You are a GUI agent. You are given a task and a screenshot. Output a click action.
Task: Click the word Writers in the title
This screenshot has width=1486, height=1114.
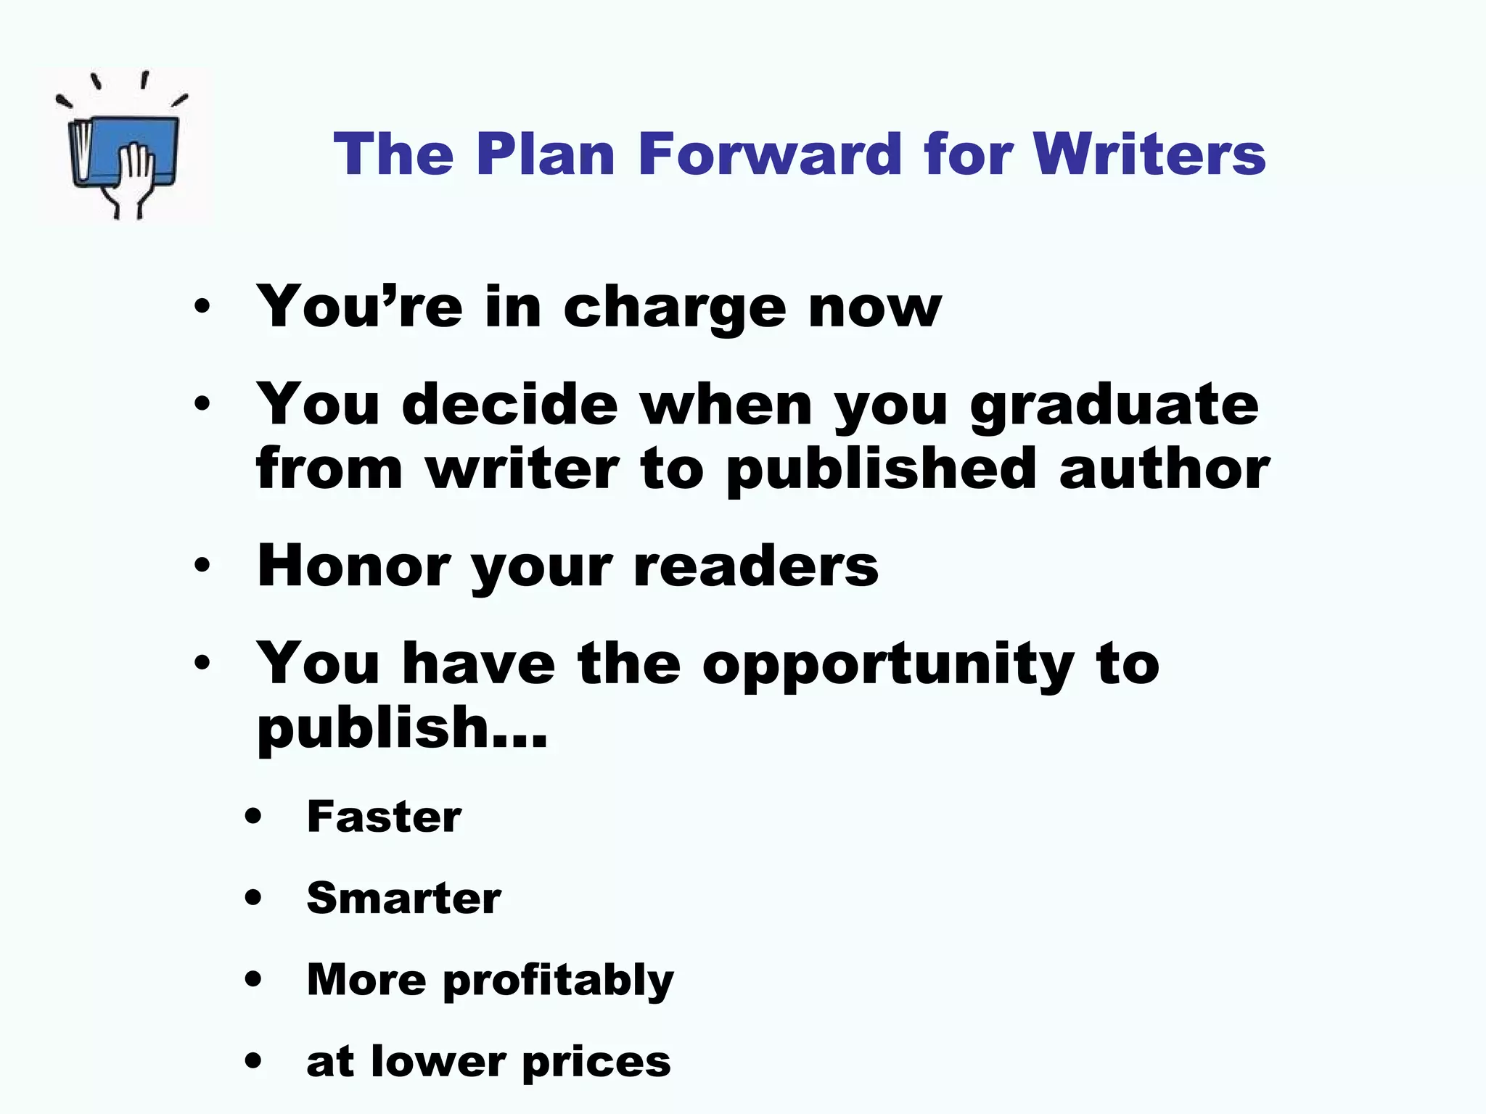[x=1149, y=154]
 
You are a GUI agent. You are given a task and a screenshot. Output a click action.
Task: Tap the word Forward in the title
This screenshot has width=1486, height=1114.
[x=770, y=154]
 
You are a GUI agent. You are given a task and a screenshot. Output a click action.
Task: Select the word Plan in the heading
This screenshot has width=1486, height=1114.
[x=546, y=154]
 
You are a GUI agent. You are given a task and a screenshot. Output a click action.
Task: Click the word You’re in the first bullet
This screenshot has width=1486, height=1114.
[x=359, y=308]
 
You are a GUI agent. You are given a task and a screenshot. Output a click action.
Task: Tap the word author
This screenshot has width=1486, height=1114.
[x=1164, y=469]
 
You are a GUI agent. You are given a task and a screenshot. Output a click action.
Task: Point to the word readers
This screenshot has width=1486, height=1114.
[x=755, y=566]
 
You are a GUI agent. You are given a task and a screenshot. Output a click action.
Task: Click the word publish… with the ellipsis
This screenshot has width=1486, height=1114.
[x=402, y=730]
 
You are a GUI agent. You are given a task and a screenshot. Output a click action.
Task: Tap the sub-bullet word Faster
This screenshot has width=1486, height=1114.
[x=384, y=817]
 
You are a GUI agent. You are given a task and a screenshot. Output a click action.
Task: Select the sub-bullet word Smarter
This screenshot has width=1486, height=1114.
[x=403, y=899]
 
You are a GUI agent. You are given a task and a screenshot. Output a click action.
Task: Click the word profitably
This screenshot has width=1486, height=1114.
[x=558, y=982]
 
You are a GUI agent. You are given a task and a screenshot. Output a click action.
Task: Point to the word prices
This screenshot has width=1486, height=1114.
[x=596, y=1063]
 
